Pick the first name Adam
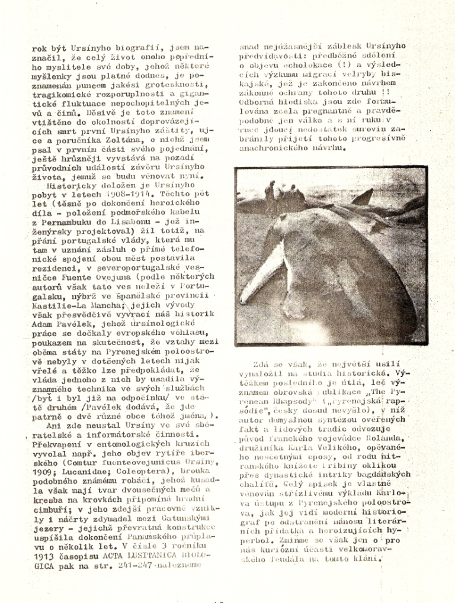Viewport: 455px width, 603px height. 42,324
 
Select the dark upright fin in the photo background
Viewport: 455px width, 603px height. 362,196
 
